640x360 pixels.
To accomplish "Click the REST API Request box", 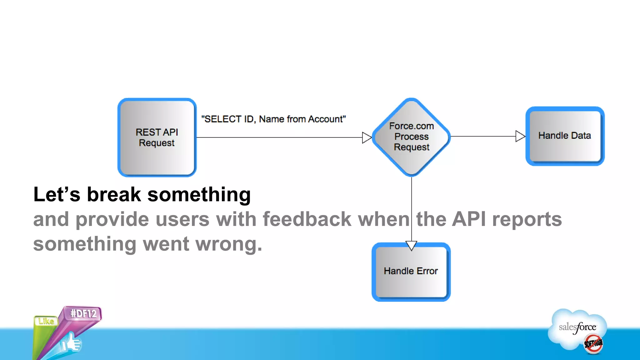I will [x=157, y=137].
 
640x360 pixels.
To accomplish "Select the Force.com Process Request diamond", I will [x=411, y=137].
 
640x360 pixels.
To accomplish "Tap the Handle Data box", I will [x=565, y=136].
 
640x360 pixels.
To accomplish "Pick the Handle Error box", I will [x=411, y=271].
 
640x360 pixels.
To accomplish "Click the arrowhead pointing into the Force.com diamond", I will [x=367, y=137].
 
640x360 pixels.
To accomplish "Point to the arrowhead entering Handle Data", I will [x=520, y=136].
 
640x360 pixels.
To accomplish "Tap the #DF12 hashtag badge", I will [x=83, y=313].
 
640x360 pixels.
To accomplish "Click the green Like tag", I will [x=46, y=321].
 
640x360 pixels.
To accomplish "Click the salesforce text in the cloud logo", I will [x=577, y=327].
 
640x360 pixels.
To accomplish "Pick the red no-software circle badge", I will [x=593, y=344].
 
